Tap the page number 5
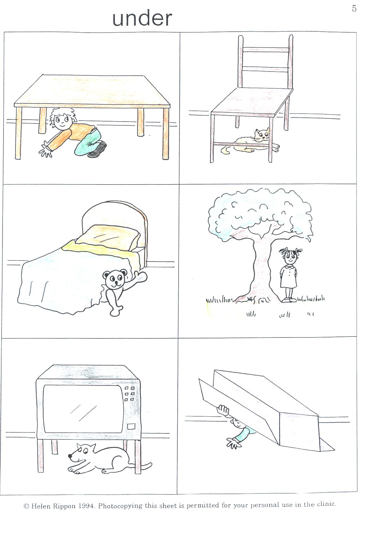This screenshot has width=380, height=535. pyautogui.click(x=354, y=9)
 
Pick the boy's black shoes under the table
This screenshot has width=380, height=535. pyautogui.click(x=98, y=150)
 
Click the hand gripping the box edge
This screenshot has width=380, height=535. pyautogui.click(x=223, y=410)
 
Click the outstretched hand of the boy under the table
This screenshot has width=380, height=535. pyautogui.click(x=46, y=150)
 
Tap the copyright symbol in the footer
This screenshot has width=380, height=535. pyautogui.click(x=27, y=506)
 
